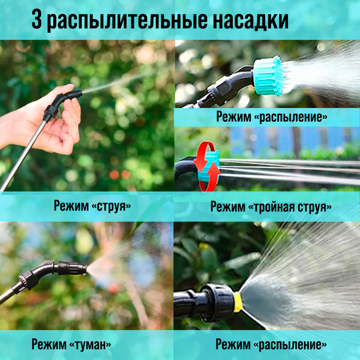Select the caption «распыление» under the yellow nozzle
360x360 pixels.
292,345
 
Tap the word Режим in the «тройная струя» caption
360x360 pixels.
228,207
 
